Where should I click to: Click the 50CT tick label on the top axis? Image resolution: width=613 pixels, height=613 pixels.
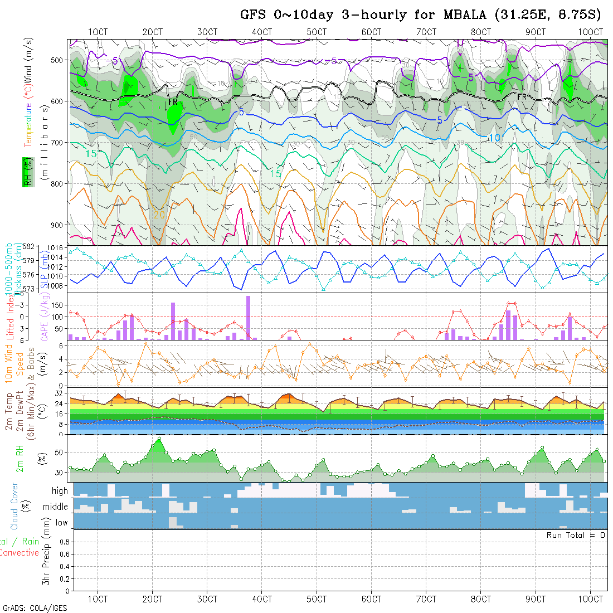coord(317,32)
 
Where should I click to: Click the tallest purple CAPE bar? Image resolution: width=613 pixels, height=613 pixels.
coord(248,318)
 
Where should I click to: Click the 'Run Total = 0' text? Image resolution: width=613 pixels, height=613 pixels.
coord(576,535)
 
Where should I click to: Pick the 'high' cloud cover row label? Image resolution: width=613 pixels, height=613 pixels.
coord(60,491)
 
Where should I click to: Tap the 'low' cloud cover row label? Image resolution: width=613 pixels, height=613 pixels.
coord(61,523)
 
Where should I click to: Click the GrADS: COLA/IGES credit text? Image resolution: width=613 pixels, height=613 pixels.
coord(35,608)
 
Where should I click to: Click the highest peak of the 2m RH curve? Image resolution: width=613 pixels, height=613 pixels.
coord(159,439)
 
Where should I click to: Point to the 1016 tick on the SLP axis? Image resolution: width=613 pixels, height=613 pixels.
coord(58,247)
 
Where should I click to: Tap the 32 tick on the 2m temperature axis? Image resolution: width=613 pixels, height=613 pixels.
coord(61,393)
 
